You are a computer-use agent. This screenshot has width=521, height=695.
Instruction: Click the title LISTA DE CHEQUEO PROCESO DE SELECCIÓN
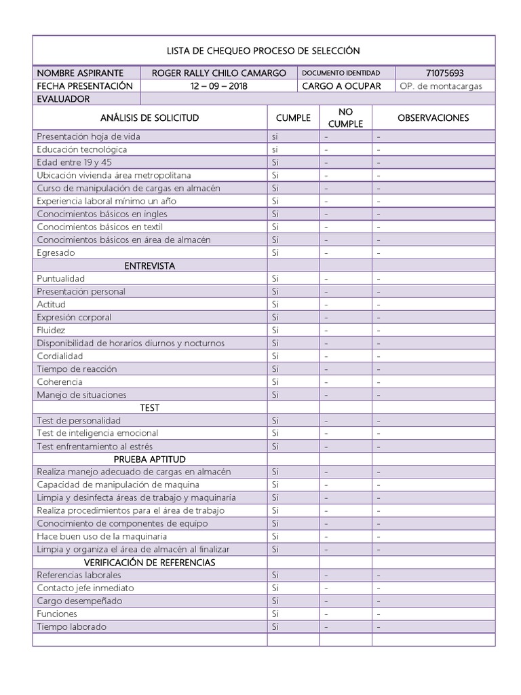click(263, 51)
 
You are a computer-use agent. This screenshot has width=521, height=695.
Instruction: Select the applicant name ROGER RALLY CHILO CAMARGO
click(218, 73)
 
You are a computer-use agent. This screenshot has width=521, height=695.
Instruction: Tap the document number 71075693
click(445, 73)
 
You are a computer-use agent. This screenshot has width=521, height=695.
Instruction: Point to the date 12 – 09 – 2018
click(218, 86)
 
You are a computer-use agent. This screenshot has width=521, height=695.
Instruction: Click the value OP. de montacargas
click(436, 86)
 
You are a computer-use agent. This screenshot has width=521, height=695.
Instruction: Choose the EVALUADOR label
click(63, 99)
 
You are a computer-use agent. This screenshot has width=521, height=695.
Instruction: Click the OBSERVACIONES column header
click(433, 117)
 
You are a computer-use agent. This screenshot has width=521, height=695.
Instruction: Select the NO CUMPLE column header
click(345, 117)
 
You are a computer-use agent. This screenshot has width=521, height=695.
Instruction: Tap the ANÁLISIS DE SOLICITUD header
click(149, 117)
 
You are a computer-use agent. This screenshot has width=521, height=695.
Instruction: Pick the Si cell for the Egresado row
click(275, 252)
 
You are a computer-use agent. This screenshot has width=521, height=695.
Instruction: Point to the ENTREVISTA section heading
click(149, 266)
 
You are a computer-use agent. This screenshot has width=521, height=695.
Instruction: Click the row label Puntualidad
click(61, 279)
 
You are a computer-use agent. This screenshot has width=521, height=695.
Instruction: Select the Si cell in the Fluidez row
click(275, 331)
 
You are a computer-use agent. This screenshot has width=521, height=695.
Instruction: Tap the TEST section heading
click(149, 408)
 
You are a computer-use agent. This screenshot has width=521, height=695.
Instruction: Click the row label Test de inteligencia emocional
click(98, 433)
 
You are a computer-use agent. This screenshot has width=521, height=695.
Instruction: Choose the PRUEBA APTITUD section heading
click(149, 459)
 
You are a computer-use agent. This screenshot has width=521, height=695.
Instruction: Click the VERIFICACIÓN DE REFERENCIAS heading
click(149, 563)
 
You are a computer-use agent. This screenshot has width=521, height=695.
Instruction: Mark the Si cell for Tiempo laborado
click(275, 627)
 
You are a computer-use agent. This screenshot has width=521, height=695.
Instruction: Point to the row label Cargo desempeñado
click(79, 601)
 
